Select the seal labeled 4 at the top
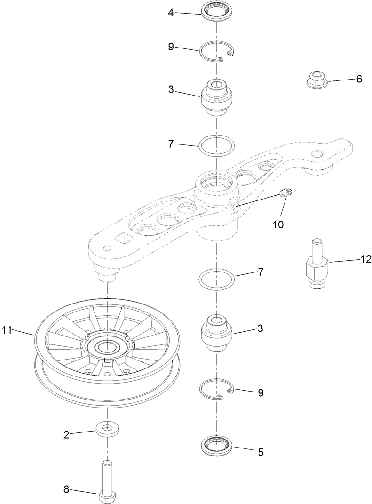(217, 11)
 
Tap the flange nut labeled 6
(317, 80)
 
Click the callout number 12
(365, 259)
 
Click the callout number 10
(278, 224)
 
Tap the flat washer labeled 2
(108, 429)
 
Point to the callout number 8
(66, 490)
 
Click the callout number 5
(260, 452)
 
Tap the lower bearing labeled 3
(217, 333)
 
